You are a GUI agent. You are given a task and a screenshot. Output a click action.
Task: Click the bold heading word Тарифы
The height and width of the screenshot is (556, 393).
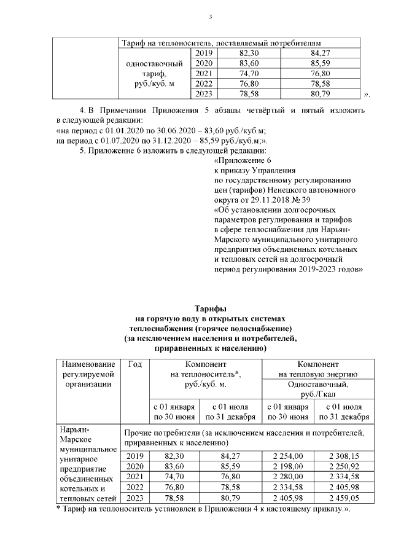tap(210, 308)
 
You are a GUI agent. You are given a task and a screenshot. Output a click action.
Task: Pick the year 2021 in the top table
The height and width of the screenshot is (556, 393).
tap(203, 74)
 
